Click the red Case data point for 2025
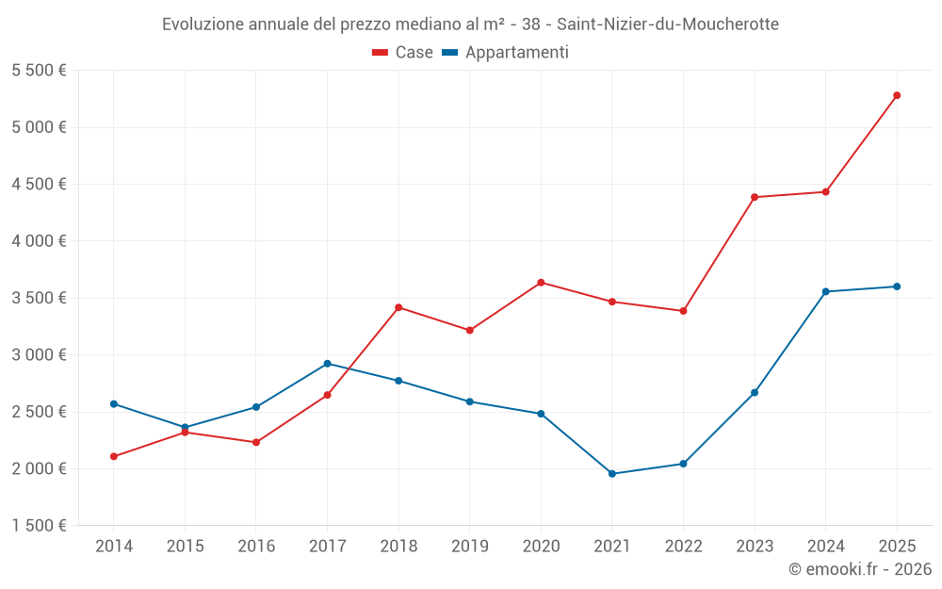tap(897, 95)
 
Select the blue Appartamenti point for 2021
tap(612, 474)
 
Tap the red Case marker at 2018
tap(398, 307)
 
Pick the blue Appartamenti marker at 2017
tap(327, 364)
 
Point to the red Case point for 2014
tap(114, 456)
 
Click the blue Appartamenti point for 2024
tap(825, 291)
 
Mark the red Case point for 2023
tap(755, 197)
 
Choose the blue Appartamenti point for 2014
tap(114, 404)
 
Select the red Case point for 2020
tap(541, 283)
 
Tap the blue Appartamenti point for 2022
tap(683, 464)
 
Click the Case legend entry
tap(403, 53)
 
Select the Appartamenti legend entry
tap(506, 53)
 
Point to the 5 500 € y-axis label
tap(39, 71)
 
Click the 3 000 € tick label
tap(39, 355)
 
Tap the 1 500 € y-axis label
tap(39, 526)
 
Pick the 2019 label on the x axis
tap(469, 546)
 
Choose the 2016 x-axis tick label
tap(256, 546)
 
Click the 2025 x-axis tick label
tap(897, 546)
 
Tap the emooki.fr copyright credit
tap(859, 569)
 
